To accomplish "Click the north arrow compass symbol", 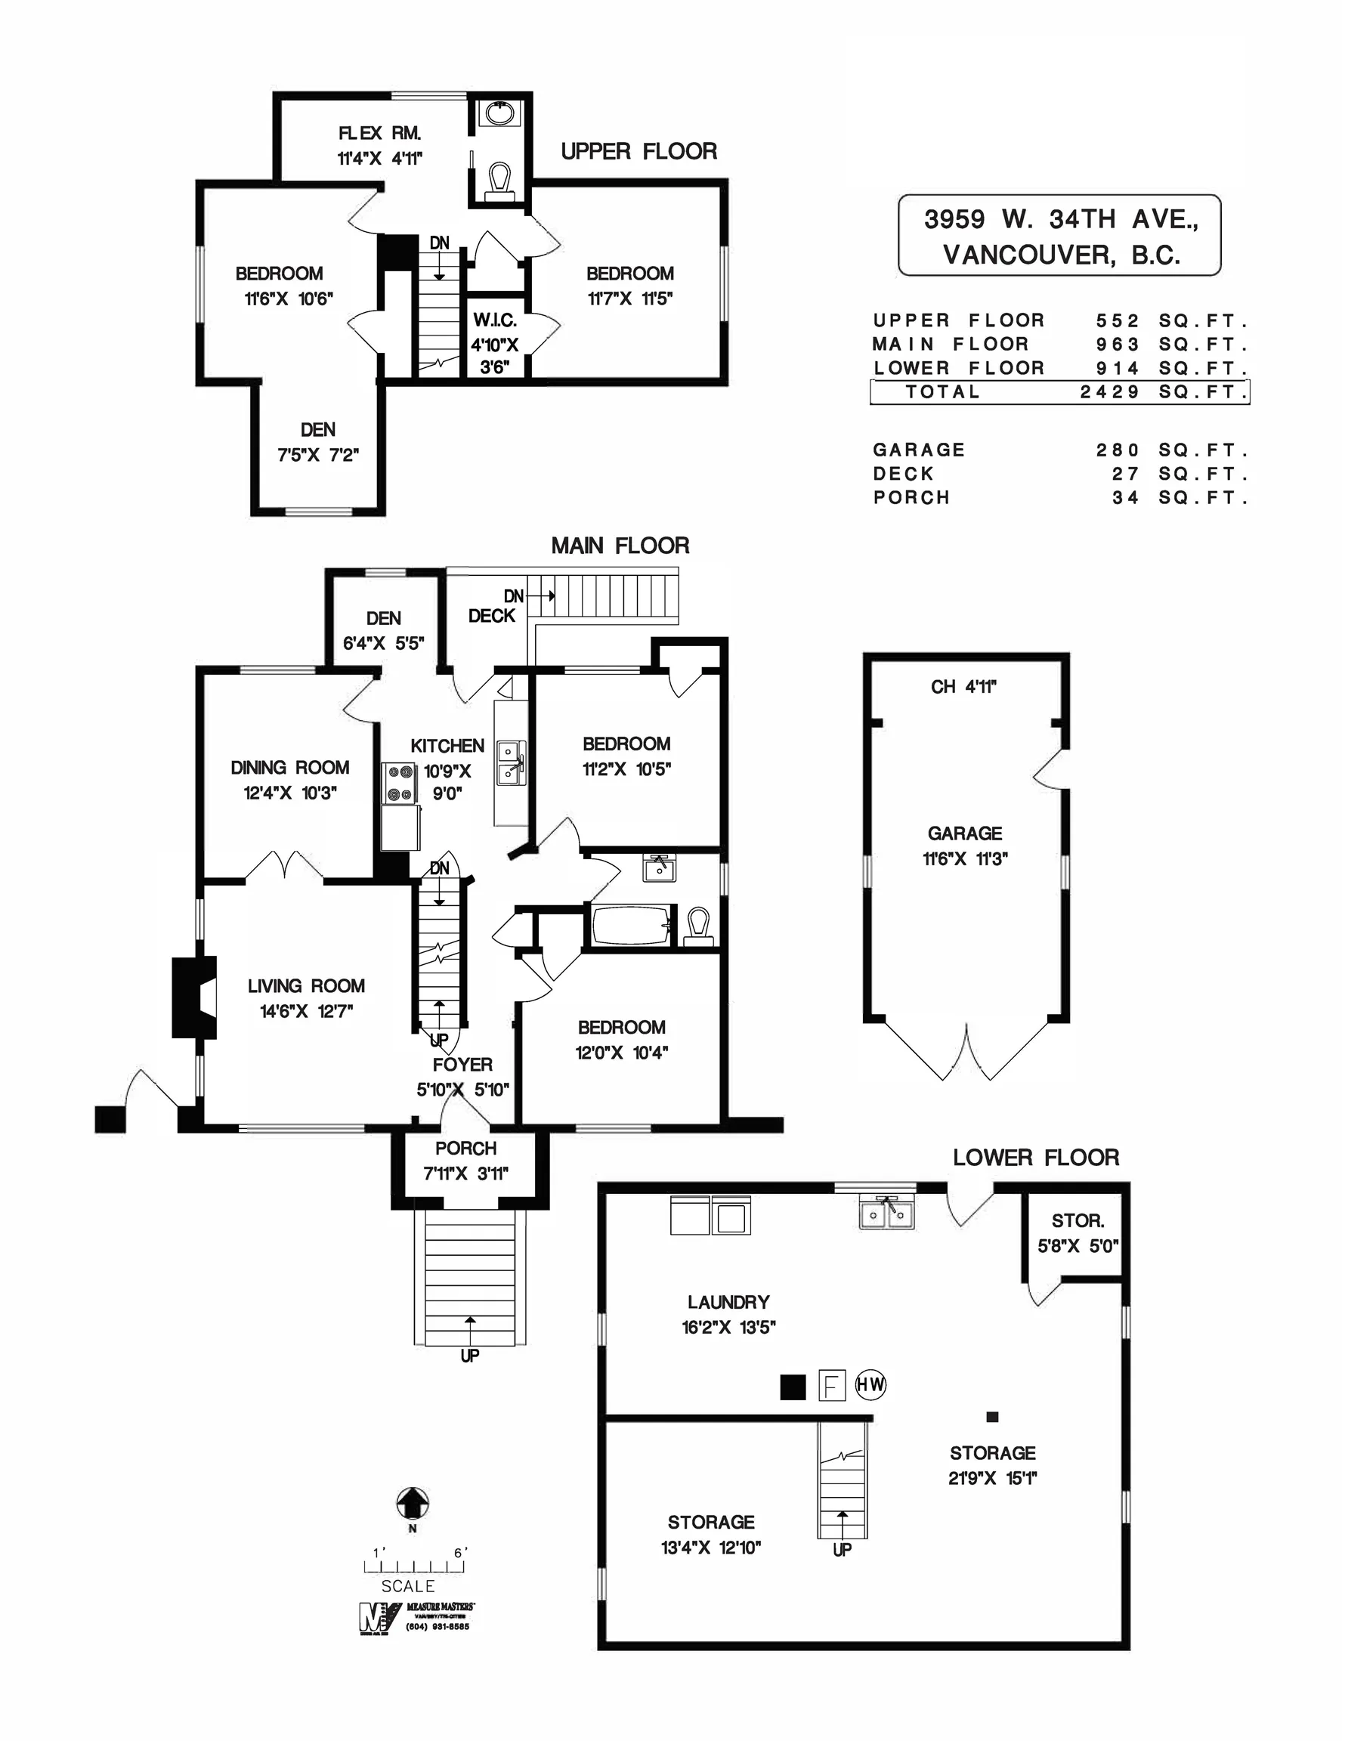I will coord(413,1504).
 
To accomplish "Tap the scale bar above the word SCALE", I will coord(414,1566).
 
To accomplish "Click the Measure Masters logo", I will coord(416,1617).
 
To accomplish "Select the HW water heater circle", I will coord(870,1384).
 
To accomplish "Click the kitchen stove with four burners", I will coord(400,783).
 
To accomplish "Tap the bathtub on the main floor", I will coord(632,926).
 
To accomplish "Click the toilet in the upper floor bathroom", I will coord(500,180).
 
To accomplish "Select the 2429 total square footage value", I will coord(1110,392).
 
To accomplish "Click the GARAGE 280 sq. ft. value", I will coord(1117,450).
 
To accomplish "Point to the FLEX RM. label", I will coord(379,133).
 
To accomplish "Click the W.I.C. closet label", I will coord(495,320).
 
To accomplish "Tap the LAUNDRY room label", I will coord(728,1302).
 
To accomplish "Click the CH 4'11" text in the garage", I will coord(963,686).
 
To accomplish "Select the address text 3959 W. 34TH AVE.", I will coord(1060,219).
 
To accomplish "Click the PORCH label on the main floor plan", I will coord(465,1148).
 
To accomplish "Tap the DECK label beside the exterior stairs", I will coord(491,615).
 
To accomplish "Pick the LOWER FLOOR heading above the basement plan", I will coord(1036,1158).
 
